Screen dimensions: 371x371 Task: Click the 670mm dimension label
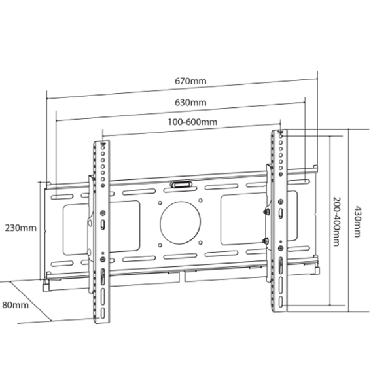pos(190,81)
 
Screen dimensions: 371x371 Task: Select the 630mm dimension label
pos(190,103)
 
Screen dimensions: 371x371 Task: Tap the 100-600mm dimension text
pos(192,122)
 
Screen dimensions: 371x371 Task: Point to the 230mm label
pos(21,228)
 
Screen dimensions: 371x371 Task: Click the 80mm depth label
pos(16,305)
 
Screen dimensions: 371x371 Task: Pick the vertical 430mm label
pos(357,222)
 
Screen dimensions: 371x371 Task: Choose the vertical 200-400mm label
pos(336,222)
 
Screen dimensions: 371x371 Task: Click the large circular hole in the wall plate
pos(181,222)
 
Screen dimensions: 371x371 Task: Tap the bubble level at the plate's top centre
pos(181,184)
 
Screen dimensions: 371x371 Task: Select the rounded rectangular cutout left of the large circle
pos(101,228)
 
